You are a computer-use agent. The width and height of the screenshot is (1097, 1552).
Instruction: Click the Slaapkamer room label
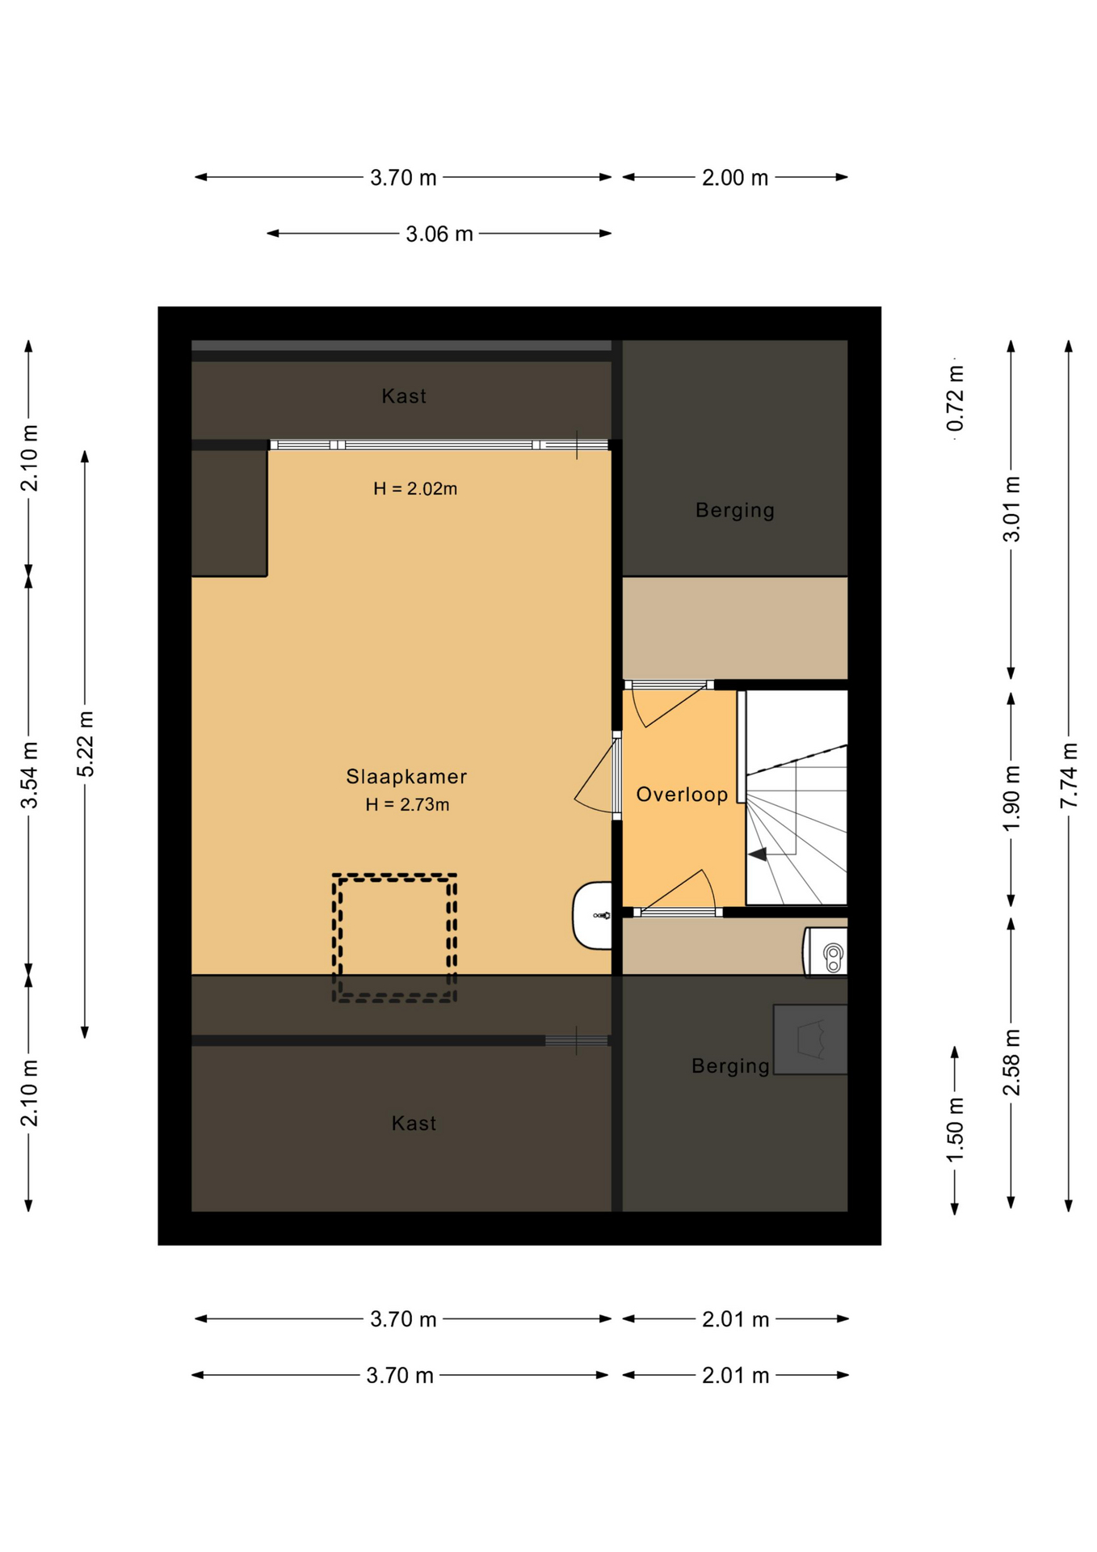[406, 777]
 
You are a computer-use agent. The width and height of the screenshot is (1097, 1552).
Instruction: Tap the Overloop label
[682, 795]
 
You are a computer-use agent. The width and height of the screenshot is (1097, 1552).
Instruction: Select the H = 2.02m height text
[415, 488]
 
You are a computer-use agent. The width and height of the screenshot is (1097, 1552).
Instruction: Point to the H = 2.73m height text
[407, 804]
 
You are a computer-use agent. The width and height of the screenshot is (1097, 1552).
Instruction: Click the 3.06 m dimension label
[439, 234]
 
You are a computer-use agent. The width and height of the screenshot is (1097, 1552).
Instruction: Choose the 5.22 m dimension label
[86, 744]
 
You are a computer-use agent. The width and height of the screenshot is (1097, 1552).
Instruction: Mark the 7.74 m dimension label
[1069, 774]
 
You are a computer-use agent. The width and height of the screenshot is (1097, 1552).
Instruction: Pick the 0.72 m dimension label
[956, 398]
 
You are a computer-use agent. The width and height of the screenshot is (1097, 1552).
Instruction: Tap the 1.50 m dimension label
[955, 1130]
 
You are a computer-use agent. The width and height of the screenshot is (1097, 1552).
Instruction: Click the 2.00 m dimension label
[734, 178]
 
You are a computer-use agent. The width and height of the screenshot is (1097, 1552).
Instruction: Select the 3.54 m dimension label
[29, 775]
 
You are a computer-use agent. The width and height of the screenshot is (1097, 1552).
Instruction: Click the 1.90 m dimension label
[1011, 798]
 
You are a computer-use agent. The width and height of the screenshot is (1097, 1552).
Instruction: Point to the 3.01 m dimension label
[1011, 509]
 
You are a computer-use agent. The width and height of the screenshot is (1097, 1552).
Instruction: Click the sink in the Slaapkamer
[592, 915]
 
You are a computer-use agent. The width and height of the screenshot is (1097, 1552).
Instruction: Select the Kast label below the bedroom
[414, 1123]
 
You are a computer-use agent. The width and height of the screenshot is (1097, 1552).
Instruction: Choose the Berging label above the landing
[735, 510]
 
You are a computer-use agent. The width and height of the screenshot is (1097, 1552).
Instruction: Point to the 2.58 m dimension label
[1011, 1062]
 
